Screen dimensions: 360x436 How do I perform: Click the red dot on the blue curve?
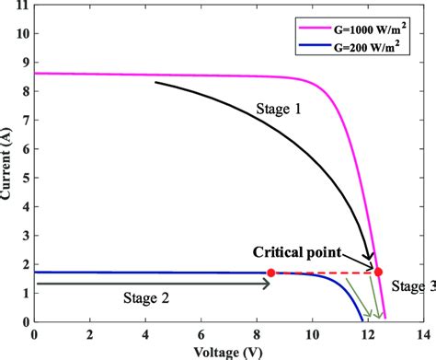[x=270, y=273]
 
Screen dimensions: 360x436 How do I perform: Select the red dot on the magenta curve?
[x=378, y=271]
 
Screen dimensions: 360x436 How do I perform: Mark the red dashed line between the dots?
[x=324, y=272]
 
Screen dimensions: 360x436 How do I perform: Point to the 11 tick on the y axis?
[x=20, y=6]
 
